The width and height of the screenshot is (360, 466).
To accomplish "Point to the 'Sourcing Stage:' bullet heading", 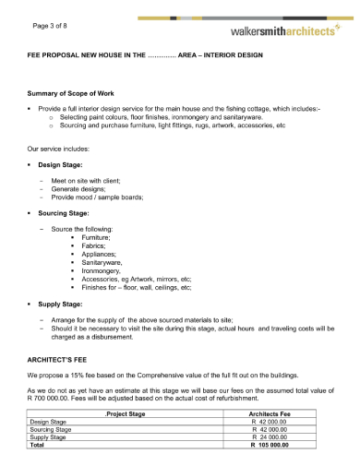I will pyautogui.click(x=64, y=212).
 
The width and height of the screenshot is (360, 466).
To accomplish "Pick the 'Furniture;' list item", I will pyautogui.click(x=96, y=237).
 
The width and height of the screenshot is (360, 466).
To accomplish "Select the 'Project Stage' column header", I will pyautogui.click(x=127, y=414).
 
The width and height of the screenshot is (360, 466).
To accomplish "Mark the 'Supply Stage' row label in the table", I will pyautogui.click(x=50, y=436).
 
